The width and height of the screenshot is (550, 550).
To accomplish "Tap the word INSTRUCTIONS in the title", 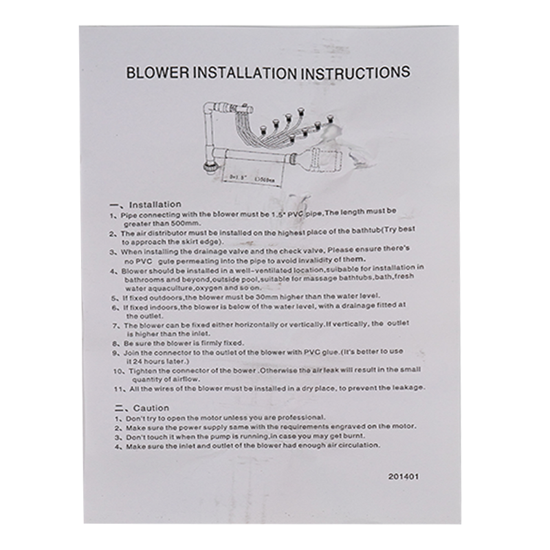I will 358,72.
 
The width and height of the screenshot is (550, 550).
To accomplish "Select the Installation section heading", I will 155,204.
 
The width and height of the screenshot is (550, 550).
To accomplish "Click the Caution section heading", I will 151,408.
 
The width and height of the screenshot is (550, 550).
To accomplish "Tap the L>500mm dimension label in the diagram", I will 264,178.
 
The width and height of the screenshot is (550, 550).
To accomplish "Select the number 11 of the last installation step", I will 116,388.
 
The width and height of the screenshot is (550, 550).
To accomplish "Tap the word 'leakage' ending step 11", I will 408,388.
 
